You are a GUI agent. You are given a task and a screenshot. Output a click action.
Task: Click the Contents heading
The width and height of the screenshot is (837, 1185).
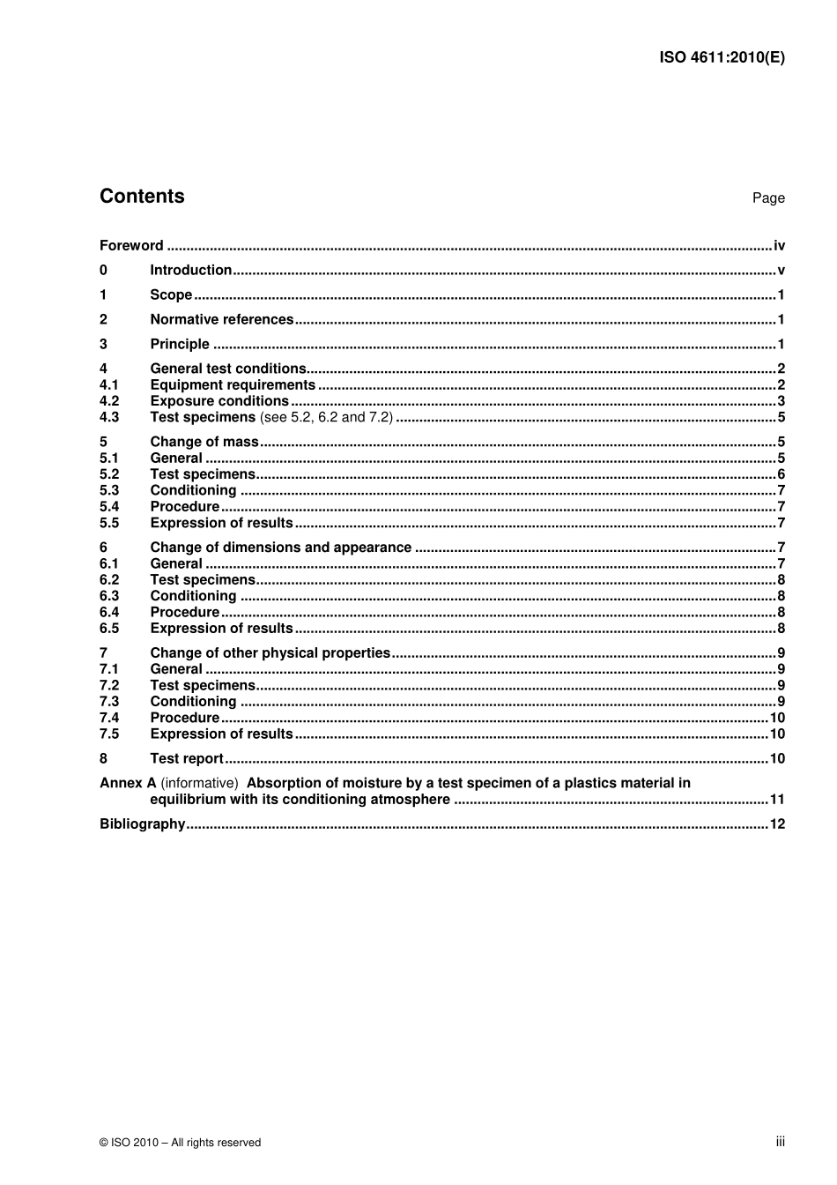pyautogui.click(x=142, y=197)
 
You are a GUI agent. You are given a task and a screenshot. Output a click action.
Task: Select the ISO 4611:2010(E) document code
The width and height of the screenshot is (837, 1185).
pyautogui.click(x=722, y=57)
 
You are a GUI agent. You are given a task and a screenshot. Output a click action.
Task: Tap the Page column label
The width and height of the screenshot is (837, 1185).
pyautogui.click(x=767, y=198)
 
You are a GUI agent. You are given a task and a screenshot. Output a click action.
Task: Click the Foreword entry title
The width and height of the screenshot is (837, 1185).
pyautogui.click(x=131, y=246)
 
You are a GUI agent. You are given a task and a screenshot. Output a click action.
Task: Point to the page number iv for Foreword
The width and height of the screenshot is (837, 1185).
pyautogui.click(x=779, y=246)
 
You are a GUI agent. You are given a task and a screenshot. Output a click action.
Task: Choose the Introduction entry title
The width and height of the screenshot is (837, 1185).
pyautogui.click(x=190, y=271)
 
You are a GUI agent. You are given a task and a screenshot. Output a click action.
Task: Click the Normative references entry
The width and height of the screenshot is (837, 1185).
pyautogui.click(x=221, y=320)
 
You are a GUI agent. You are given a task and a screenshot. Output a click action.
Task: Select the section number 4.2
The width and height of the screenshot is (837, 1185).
pyautogui.click(x=109, y=401)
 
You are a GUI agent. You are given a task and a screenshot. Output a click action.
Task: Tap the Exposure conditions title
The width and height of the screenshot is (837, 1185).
pyautogui.click(x=219, y=401)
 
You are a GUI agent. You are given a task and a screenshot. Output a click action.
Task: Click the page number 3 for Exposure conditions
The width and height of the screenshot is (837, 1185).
pyautogui.click(x=781, y=401)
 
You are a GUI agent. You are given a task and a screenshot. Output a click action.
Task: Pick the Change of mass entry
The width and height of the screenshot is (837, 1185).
pyautogui.click(x=204, y=443)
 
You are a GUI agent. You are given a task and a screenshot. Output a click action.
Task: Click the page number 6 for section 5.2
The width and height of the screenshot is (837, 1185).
pyautogui.click(x=781, y=474)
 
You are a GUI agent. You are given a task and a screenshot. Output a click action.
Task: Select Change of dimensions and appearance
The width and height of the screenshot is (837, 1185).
pyautogui.click(x=280, y=548)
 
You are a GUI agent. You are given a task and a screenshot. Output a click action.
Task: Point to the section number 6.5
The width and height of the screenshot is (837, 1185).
pyautogui.click(x=109, y=629)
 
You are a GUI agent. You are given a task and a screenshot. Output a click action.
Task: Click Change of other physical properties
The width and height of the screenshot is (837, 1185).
pyautogui.click(x=270, y=653)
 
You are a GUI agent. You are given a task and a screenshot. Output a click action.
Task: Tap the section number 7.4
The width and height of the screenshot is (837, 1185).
pyautogui.click(x=109, y=719)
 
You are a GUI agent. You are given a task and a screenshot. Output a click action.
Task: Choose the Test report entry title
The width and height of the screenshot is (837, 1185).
pyautogui.click(x=187, y=759)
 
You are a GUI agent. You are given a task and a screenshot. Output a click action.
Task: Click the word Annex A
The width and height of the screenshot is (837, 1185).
pyautogui.click(x=128, y=783)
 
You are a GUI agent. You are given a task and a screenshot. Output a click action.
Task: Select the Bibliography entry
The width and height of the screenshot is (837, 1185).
pyautogui.click(x=143, y=824)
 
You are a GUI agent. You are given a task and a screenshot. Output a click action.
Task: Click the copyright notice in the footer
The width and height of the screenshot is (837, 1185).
pyautogui.click(x=181, y=1143)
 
